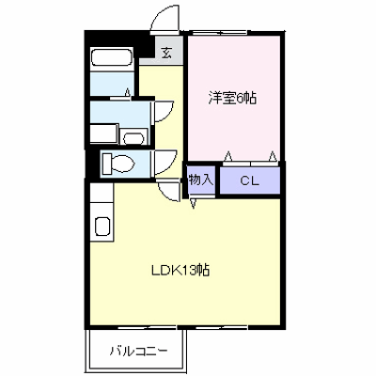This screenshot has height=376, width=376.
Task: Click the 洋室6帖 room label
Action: pyautogui.click(x=232, y=99)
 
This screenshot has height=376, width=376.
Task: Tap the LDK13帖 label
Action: pyautogui.click(x=180, y=270)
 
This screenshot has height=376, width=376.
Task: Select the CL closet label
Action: pyautogui.click(x=250, y=180)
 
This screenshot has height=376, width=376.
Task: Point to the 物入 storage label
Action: pyautogui.click(x=201, y=180)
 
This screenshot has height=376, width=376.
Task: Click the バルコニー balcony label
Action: pyautogui.click(x=138, y=351)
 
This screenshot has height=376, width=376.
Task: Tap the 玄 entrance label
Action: pyautogui.click(x=166, y=54)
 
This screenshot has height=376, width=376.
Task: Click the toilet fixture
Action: pyautogui.click(x=118, y=163)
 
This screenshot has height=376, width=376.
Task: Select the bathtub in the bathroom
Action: pyautogui.click(x=111, y=56)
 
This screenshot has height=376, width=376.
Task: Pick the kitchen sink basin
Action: pyautogui.click(x=102, y=227)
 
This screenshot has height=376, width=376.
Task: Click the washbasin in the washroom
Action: pyautogui.click(x=133, y=137)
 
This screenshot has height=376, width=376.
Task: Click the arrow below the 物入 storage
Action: pyautogui.click(x=194, y=204)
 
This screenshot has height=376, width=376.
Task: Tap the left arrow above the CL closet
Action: pyautogui.click(x=228, y=155)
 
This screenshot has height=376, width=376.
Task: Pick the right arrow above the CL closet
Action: pyautogui.click(x=273, y=155)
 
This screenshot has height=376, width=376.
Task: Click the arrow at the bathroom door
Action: pyautogui.click(x=128, y=92)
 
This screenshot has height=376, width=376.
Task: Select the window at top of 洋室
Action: pyautogui.click(x=220, y=32)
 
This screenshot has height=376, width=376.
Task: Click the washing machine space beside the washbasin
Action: pyautogui.click(x=104, y=133)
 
